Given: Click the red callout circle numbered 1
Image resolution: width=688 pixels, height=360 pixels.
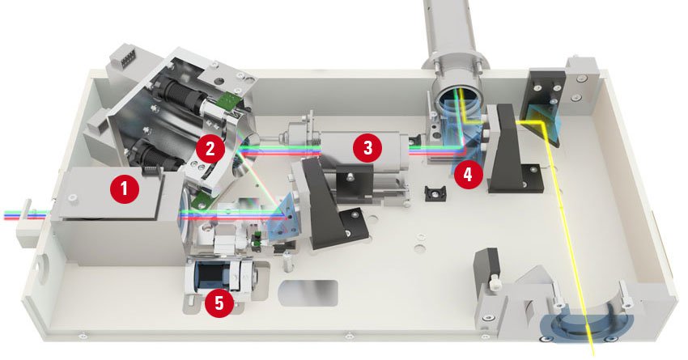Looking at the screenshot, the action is click(125, 188).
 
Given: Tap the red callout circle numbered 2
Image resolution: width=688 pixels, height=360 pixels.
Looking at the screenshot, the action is click(210, 149).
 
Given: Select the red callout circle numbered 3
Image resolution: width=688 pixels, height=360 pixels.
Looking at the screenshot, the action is click(367, 147).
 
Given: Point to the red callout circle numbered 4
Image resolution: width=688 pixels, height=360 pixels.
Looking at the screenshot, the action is click(468, 174).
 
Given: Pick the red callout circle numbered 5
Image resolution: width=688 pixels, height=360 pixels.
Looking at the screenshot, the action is click(219, 302).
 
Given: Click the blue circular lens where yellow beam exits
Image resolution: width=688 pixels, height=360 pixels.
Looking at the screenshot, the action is click(587, 326).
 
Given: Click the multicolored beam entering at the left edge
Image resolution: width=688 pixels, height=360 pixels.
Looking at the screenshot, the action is click(27, 214).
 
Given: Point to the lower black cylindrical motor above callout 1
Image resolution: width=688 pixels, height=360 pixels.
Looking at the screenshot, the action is click(155, 155).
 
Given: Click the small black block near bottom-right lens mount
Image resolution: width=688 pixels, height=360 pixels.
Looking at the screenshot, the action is click(486, 267).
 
